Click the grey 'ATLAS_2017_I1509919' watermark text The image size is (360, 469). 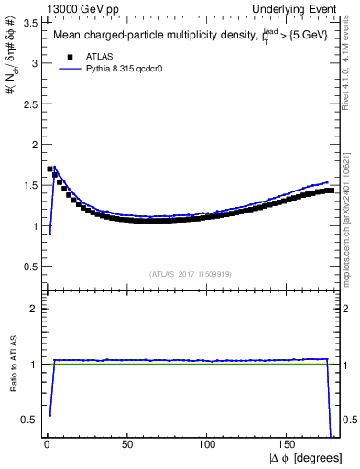coord(190,274)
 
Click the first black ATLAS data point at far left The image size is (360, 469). coord(49,169)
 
